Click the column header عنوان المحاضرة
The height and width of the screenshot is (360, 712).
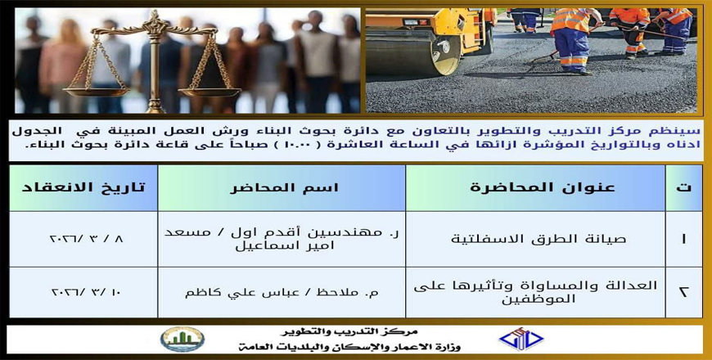pyautogui.click(x=536, y=188)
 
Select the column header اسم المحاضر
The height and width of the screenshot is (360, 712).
pyautogui.click(x=282, y=188)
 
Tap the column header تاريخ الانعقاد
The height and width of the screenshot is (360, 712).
pyautogui.click(x=83, y=188)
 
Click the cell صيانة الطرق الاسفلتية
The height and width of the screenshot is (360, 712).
pyautogui.click(x=536, y=239)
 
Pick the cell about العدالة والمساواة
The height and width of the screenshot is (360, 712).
pyautogui.click(x=536, y=292)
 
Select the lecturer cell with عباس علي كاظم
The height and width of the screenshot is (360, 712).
pyautogui.click(x=282, y=292)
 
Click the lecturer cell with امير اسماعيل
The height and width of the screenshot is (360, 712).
pyautogui.click(x=282, y=239)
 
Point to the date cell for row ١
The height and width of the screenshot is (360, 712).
pyautogui.click(x=83, y=239)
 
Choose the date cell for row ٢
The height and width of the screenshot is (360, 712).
pyautogui.click(x=83, y=292)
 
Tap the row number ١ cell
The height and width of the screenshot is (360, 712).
pyautogui.click(x=684, y=239)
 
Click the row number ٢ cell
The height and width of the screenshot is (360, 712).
pyautogui.click(x=684, y=292)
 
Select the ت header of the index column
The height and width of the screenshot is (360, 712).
pyautogui.click(x=684, y=188)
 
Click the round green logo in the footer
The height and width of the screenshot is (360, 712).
pyautogui.click(x=182, y=339)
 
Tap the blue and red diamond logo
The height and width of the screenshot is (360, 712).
pyautogui.click(x=520, y=339)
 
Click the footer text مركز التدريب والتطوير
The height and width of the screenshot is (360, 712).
pyautogui.click(x=349, y=332)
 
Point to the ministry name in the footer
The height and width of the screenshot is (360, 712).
pyautogui.click(x=349, y=347)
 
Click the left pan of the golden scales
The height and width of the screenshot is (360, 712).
pyautogui.click(x=96, y=92)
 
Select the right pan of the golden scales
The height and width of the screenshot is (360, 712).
pyautogui.click(x=210, y=92)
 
